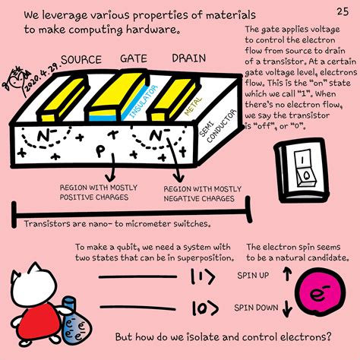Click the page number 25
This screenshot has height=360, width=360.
342,11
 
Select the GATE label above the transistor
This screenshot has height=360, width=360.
134,58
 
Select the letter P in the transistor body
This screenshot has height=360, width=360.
99,149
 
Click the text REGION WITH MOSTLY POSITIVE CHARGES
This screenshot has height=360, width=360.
95,192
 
